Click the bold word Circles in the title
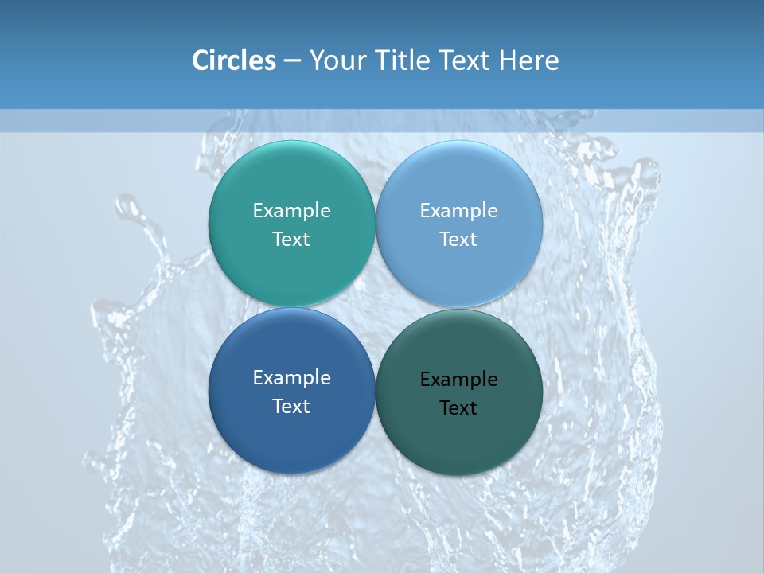[x=234, y=60]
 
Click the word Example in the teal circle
[x=291, y=210]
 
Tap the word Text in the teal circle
[x=291, y=239]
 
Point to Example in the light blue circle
[x=458, y=210]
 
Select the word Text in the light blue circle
[x=458, y=239]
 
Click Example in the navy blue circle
[x=291, y=377]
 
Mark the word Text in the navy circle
[x=291, y=406]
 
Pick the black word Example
[x=458, y=379]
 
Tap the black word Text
[x=458, y=407]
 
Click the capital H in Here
[x=509, y=60]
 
